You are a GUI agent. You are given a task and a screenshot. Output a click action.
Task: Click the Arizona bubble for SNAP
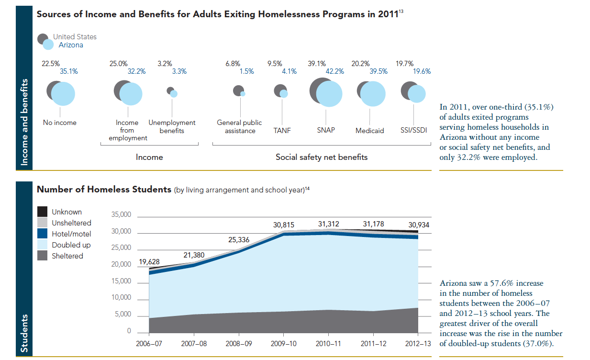tap(329, 94)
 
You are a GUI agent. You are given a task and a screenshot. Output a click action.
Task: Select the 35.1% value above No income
tap(69, 71)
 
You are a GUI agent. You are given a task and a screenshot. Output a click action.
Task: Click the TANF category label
tap(282, 130)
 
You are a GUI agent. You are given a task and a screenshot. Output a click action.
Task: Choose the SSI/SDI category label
tap(413, 130)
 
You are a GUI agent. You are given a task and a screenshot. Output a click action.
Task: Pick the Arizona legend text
tap(71, 45)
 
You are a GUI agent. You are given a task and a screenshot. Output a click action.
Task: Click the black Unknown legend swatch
tap(43, 212)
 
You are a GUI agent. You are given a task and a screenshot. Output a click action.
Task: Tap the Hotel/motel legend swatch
tap(43, 234)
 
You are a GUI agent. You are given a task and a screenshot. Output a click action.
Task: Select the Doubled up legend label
tap(71, 245)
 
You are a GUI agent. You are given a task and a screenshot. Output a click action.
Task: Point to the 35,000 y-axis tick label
tap(122, 215)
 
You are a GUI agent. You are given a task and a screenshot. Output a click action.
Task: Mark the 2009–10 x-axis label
tap(283, 344)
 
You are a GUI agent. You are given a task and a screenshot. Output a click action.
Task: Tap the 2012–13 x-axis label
tap(418, 344)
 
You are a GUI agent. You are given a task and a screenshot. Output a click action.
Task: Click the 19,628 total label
tap(149, 262)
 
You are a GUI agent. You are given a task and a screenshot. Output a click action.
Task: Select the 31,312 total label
tap(328, 224)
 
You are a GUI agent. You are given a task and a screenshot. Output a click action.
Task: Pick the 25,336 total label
tap(239, 240)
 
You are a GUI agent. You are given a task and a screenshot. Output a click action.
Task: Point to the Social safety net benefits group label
tap(322, 157)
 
